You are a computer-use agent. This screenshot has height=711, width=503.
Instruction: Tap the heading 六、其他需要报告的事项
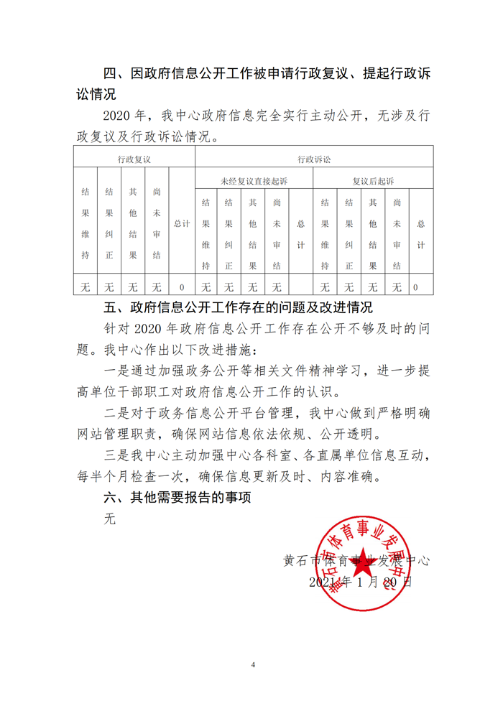pyautogui.click(x=177, y=496)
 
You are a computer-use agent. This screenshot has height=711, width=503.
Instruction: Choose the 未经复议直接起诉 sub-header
pyautogui.click(x=254, y=180)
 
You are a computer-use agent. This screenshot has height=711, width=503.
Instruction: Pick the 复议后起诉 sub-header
pyautogui.click(x=373, y=180)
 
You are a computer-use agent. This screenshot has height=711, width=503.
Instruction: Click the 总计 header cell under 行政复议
pyautogui.click(x=182, y=223)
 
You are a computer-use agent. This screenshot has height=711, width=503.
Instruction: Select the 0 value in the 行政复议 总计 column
pyautogui.click(x=182, y=287)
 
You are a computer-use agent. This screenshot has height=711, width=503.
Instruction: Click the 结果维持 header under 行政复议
pyautogui.click(x=86, y=223)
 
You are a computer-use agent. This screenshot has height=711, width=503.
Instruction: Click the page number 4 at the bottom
pyautogui.click(x=253, y=665)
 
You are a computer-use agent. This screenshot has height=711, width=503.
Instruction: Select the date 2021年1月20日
pyautogui.click(x=360, y=582)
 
